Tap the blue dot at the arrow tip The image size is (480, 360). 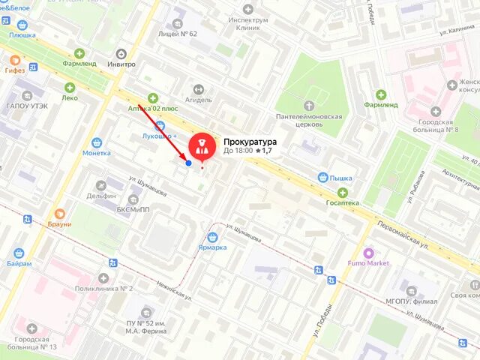click(188, 163)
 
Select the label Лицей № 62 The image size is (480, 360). click(178, 34)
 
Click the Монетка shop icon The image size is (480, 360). click(97, 142)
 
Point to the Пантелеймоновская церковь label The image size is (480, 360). click(309, 121)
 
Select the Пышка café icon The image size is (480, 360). click(322, 178)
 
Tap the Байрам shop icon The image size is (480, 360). click(19, 253)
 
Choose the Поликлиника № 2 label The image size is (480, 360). click(103, 289)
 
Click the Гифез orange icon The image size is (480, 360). click(15, 70)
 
